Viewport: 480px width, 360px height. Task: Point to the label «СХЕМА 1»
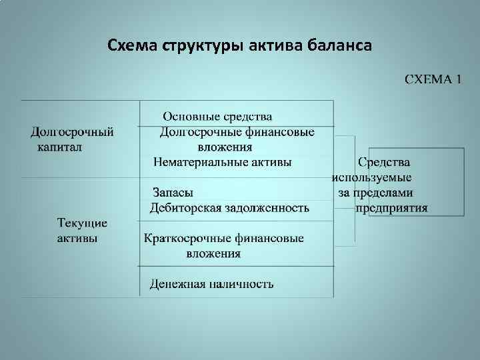[x=433, y=80]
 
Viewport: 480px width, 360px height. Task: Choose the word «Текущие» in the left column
[x=82, y=223]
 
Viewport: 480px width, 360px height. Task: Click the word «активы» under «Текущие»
[x=77, y=238]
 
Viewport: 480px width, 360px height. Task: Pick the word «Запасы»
[x=173, y=193]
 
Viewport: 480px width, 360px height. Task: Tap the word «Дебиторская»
[x=183, y=207]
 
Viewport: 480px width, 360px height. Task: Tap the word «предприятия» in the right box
[x=392, y=207]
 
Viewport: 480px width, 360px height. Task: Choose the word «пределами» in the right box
[x=384, y=193]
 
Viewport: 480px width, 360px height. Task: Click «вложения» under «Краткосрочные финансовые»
[x=213, y=253]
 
